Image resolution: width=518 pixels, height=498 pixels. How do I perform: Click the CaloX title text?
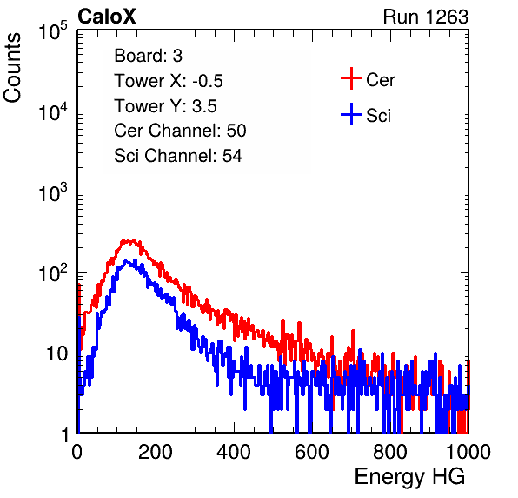[107, 17]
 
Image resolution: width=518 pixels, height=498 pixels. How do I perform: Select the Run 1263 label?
[426, 17]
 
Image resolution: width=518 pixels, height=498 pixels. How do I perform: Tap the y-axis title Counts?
[12, 68]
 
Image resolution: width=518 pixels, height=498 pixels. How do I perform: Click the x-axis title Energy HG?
[409, 477]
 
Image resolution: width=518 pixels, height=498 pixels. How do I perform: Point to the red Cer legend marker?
[351, 78]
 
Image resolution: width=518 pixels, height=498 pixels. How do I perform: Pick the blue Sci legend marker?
[351, 114]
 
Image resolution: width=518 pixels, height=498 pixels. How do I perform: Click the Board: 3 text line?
[148, 56]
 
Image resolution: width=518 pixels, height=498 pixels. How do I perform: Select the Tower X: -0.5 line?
[169, 81]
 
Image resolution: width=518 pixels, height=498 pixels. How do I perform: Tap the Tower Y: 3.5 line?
[165, 106]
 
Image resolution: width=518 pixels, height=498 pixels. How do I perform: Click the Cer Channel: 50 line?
[180, 131]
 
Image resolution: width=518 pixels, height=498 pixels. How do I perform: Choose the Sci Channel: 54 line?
[178, 156]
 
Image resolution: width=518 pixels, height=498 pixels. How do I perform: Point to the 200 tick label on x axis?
[156, 452]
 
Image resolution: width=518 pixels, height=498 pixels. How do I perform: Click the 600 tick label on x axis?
[312, 452]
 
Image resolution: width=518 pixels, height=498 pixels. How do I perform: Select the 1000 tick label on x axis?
[468, 452]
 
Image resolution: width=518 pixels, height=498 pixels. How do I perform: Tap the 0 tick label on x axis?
[77, 452]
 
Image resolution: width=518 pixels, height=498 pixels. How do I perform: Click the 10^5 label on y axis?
[53, 30]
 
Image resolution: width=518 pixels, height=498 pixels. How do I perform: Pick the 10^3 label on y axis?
[53, 192]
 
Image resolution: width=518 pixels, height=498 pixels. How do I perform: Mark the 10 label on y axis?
[56, 354]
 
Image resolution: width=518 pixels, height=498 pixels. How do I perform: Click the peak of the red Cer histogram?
[132, 240]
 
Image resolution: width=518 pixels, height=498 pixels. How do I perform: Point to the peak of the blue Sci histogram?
[126, 261]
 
